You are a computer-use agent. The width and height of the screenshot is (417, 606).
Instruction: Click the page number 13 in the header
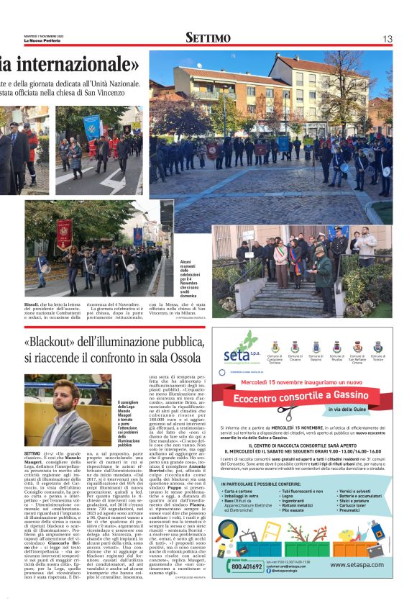(x=387, y=38)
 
